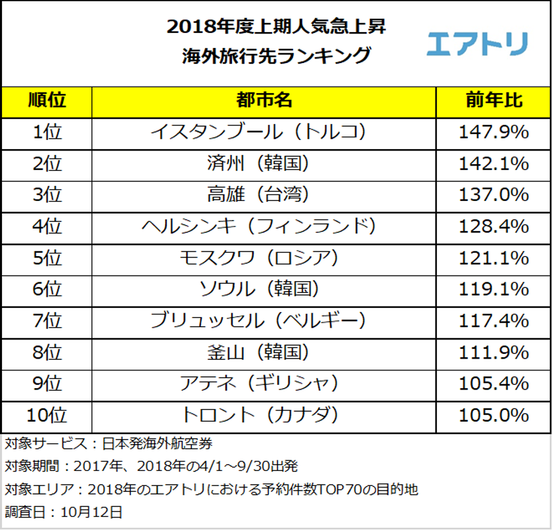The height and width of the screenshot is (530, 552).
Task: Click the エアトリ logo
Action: pyautogui.click(x=476, y=43)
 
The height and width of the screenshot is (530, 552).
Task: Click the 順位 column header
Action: pyautogui.click(x=47, y=101)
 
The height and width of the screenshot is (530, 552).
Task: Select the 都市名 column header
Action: pyautogui.click(x=264, y=101)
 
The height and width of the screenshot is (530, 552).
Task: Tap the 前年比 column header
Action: pyautogui.click(x=494, y=101)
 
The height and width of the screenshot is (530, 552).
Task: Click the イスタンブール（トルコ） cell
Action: pyautogui.click(x=264, y=133)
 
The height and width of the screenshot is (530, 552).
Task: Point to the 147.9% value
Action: pyautogui.click(x=494, y=133)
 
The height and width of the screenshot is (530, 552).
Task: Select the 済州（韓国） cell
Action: pyautogui.click(x=264, y=164)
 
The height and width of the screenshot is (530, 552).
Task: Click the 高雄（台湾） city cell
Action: pyautogui.click(x=264, y=195)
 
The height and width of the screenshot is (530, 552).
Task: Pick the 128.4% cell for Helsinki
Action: pyautogui.click(x=494, y=227)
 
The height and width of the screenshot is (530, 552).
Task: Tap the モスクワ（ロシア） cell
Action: pyautogui.click(x=264, y=258)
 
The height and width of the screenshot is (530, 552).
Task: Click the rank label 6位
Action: pyautogui.click(x=47, y=289)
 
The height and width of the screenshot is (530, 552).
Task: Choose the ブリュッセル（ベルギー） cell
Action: pyautogui.click(x=264, y=320)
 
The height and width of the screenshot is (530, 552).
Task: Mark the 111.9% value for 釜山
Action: pyautogui.click(x=494, y=352)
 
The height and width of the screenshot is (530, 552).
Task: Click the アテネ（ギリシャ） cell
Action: pyautogui.click(x=264, y=384)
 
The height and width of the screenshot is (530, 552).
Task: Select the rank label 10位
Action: pyautogui.click(x=47, y=415)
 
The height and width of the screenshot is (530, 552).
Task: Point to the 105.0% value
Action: pyautogui.click(x=494, y=415)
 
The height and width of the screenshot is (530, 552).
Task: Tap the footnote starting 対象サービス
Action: pyautogui.click(x=108, y=444)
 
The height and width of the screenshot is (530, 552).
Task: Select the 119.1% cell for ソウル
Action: pyautogui.click(x=494, y=289)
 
